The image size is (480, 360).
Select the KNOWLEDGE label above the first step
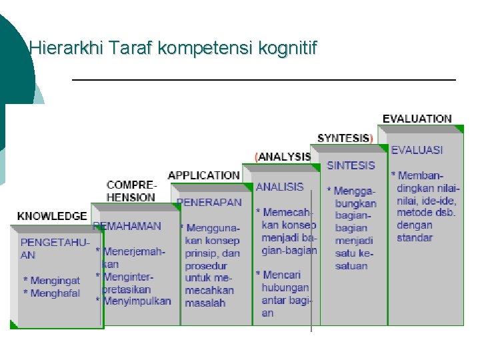52,216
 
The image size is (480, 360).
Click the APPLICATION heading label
203,175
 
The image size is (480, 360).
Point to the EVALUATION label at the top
417,119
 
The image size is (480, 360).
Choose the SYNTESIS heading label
344,138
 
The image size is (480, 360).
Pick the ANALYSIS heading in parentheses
283,157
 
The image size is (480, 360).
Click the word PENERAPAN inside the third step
209,202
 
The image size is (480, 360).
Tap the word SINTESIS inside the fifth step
351,165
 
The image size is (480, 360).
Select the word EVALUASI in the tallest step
417,150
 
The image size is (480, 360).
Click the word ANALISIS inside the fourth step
279,187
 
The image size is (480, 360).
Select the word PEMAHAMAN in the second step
128,226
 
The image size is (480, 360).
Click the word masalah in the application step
205,303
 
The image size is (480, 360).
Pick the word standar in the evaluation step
414,237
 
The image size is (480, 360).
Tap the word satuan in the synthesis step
351,266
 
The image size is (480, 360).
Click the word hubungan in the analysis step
285,287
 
